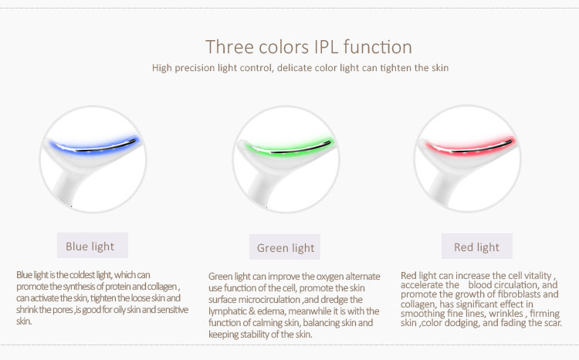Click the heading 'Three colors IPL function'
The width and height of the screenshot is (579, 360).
point(309,47)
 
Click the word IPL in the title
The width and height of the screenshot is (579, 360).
point(327,47)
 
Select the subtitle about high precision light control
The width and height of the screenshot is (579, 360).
point(300,68)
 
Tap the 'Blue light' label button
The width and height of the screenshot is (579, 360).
point(93,246)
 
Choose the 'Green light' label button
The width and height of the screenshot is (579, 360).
point(285,247)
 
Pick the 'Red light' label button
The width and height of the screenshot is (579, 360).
point(477,246)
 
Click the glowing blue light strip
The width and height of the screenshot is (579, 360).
point(94,147)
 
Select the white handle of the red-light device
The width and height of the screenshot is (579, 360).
point(441,188)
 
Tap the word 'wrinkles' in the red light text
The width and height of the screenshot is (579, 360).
point(506,314)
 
